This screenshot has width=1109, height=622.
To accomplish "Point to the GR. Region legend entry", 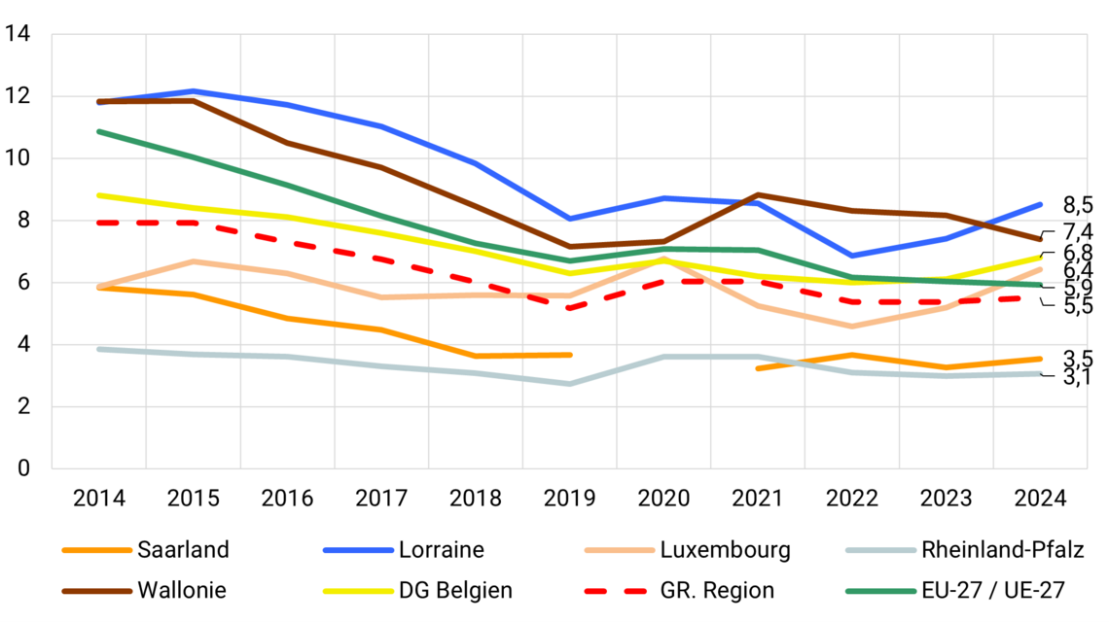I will pyautogui.click(x=717, y=590).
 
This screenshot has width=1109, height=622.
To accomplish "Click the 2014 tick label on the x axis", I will pyautogui.click(x=98, y=499).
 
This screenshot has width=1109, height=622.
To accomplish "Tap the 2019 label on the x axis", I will pyautogui.click(x=570, y=499).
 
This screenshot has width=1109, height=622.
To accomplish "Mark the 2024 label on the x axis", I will pyautogui.click(x=1041, y=499).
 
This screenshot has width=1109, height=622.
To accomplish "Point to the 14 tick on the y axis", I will pyautogui.click(x=18, y=35).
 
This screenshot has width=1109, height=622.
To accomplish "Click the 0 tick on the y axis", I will pyautogui.click(x=24, y=468).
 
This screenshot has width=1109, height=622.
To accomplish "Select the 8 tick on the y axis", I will pyautogui.click(x=24, y=221).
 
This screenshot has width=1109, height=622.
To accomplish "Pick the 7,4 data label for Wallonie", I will pyautogui.click(x=1078, y=231).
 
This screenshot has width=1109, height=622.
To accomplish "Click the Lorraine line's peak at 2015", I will pyautogui.click(x=193, y=91).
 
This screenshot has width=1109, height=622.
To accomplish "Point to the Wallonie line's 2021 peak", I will pyautogui.click(x=759, y=195).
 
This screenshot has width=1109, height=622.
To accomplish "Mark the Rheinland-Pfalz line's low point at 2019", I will pyautogui.click(x=570, y=384).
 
